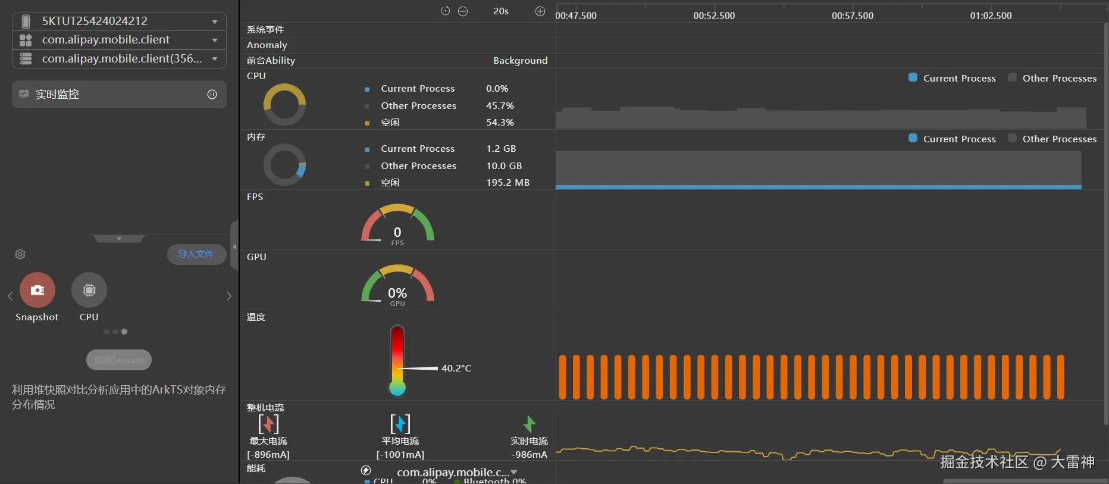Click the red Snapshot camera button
pyautogui.click(x=37, y=290)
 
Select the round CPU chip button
pyautogui.click(x=89, y=290)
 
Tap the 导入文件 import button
pyautogui.click(x=196, y=254)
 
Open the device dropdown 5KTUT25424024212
pyautogui.click(x=119, y=21)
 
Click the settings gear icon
pyautogui.click(x=20, y=254)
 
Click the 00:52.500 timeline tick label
pyautogui.click(x=714, y=16)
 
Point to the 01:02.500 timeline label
pyautogui.click(x=991, y=16)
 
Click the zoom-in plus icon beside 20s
pyautogui.click(x=540, y=11)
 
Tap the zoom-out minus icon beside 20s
pyautogui.click(x=463, y=11)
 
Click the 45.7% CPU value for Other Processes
pyautogui.click(x=500, y=105)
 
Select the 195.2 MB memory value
pyautogui.click(x=507, y=183)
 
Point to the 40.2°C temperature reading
pyautogui.click(x=456, y=369)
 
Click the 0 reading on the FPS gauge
pyautogui.click(x=397, y=232)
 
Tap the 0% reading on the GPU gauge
pyautogui.click(x=397, y=293)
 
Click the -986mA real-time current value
pyautogui.click(x=529, y=455)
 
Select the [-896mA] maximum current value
pyautogui.click(x=268, y=455)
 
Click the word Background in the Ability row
pyautogui.click(x=520, y=61)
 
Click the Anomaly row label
pyautogui.click(x=267, y=45)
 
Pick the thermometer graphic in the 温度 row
pyautogui.click(x=397, y=360)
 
